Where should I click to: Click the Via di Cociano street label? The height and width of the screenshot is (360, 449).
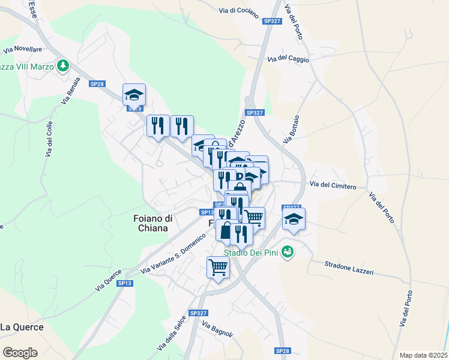pyautogui.click(x=238, y=10)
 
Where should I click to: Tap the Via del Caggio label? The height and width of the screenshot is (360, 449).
pyautogui.click(x=288, y=58)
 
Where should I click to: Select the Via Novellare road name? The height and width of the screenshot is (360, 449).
pyautogui.click(x=22, y=49)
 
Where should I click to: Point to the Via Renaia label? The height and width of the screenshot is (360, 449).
pyautogui.click(x=70, y=91)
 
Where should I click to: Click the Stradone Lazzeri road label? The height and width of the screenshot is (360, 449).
pyautogui.click(x=349, y=268)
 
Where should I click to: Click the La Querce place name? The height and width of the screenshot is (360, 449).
pyautogui.click(x=22, y=327)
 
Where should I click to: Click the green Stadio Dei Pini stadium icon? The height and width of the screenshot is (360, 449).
pyautogui.click(x=288, y=251)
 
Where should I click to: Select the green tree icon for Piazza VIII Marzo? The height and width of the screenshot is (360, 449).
pyautogui.click(x=62, y=65)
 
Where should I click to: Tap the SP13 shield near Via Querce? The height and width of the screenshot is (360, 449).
pyautogui.click(x=124, y=283)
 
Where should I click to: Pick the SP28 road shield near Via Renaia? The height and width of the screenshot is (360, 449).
pyautogui.click(x=97, y=84)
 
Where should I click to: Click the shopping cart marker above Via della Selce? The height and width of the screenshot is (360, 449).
pyautogui.click(x=218, y=268)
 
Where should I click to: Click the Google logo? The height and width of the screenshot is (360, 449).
pyautogui.click(x=20, y=353)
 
